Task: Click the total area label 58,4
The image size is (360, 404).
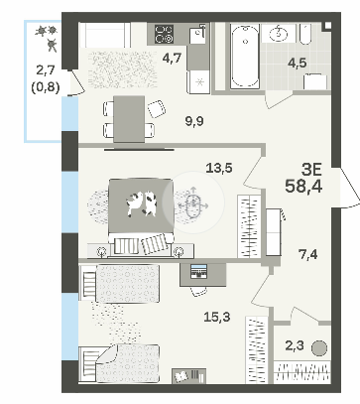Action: (x=303, y=187)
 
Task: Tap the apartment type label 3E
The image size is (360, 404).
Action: (x=311, y=171)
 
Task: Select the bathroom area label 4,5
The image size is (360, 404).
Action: (x=297, y=63)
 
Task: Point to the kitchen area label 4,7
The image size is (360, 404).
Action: (x=172, y=59)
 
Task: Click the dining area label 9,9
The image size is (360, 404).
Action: (x=194, y=122)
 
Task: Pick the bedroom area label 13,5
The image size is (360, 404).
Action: (x=219, y=168)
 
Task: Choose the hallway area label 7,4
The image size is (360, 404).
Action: (x=307, y=254)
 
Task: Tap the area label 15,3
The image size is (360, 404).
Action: (x=216, y=318)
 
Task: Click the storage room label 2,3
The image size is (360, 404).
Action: (x=294, y=346)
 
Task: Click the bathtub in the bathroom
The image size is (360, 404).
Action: (x=245, y=56)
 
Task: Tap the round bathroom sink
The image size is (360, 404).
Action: (x=278, y=34)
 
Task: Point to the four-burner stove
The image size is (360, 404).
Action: (x=165, y=34)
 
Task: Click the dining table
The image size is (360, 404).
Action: (x=129, y=119)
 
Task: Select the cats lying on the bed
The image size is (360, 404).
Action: (x=141, y=204)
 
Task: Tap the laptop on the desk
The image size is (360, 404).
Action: (x=198, y=271)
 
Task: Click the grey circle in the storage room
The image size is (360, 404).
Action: (x=319, y=348)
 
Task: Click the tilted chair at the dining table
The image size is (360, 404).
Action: (x=157, y=109)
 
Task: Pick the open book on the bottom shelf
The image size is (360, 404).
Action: (x=181, y=376)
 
